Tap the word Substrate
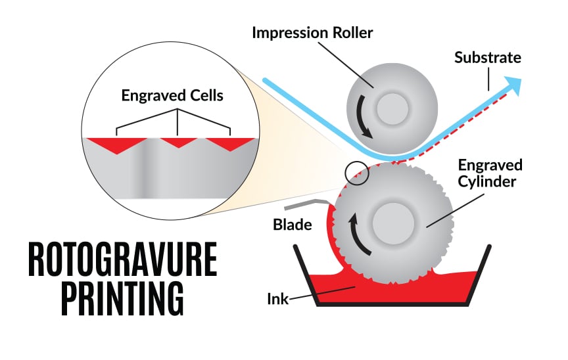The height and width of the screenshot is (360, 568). [487, 58]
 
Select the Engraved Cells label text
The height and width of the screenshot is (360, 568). [172, 96]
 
